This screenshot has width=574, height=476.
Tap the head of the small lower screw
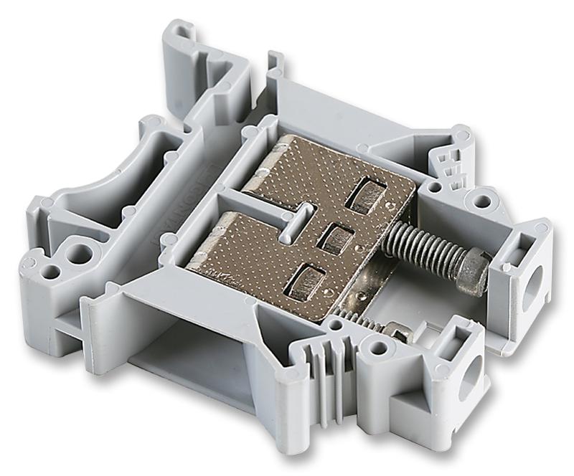point(397,331)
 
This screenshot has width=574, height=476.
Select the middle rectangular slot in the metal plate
point(334,237)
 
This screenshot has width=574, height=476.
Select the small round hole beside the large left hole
point(51,272)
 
